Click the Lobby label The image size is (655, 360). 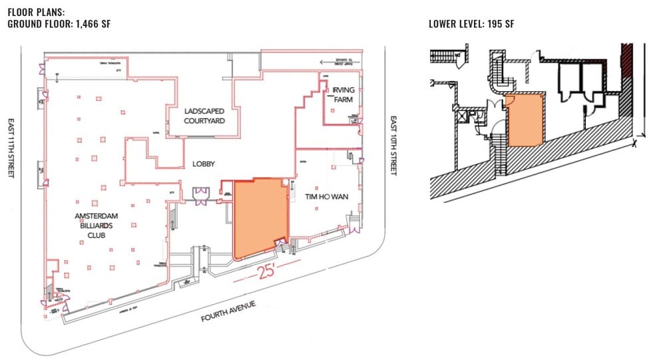[x=204, y=163]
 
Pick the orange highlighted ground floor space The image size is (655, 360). [x=260, y=216]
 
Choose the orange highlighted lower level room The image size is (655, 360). [x=525, y=120]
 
